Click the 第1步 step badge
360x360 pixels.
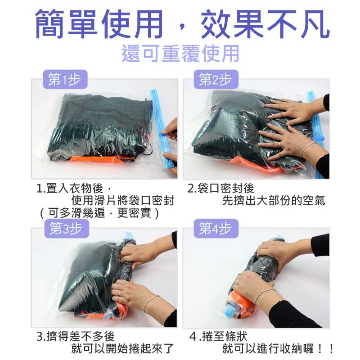65,79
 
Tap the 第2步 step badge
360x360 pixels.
216,79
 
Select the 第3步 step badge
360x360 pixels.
67,229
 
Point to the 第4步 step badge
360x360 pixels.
216,229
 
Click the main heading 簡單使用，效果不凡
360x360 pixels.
183,24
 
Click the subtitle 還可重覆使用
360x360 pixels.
180,54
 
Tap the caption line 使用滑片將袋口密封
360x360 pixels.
122,201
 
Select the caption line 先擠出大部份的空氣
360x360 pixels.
274,201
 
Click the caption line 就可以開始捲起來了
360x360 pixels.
122,348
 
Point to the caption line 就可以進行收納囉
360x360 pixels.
268,348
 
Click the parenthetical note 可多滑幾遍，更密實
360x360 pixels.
99,213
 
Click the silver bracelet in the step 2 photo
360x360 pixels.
308,149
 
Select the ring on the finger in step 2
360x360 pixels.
280,144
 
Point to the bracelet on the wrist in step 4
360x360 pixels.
265,296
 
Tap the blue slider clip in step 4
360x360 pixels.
230,311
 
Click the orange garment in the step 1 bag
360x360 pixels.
96,159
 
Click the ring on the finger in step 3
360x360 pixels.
120,293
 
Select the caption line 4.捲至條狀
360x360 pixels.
219,336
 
